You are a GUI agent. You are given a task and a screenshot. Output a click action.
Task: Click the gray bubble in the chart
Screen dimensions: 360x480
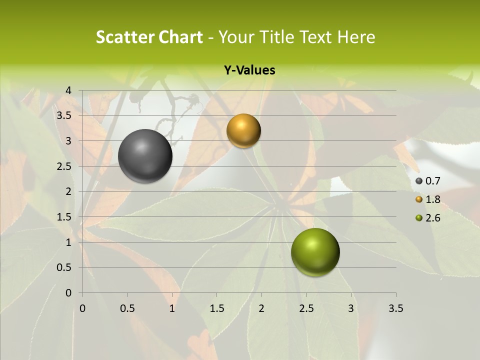point(145,156)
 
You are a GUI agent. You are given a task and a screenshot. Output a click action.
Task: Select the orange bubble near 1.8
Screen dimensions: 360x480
point(243,131)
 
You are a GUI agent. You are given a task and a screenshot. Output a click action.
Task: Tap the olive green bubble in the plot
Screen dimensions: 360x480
point(315,252)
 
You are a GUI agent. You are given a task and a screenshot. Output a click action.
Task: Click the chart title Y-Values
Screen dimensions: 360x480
point(249,70)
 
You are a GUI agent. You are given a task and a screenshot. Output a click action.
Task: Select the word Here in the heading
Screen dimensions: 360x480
point(356,37)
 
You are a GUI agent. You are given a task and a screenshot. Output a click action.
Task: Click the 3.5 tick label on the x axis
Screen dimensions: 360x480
point(396,308)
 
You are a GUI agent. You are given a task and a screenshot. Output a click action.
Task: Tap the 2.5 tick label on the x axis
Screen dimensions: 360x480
point(306,308)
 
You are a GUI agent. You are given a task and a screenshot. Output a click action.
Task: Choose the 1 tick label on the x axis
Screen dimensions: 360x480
point(172,308)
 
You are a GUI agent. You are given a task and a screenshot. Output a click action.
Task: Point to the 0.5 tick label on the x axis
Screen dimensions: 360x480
point(127,308)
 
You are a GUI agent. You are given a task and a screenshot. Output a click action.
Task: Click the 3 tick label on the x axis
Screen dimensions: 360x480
point(351,308)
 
